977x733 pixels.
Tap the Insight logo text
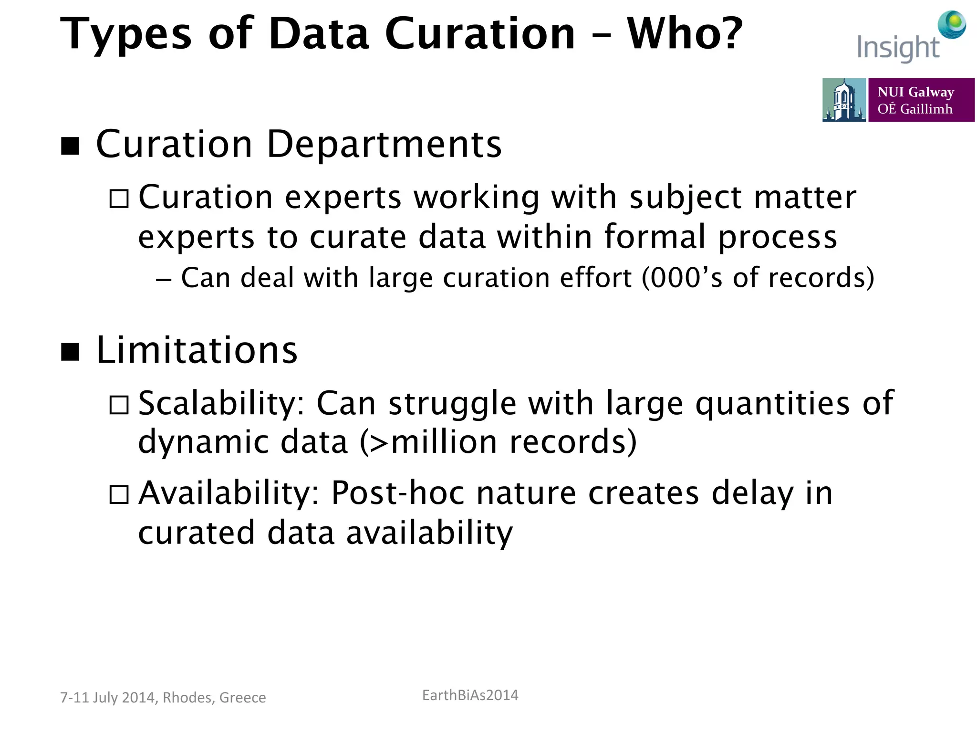pyautogui.click(x=898, y=48)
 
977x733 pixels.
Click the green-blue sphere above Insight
pyautogui.click(x=952, y=24)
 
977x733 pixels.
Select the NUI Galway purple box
pyautogui.click(x=921, y=100)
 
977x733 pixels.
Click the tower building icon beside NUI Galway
pyautogui.click(x=844, y=100)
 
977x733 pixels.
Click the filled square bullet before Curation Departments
pyautogui.click(x=70, y=146)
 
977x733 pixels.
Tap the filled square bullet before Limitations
pyautogui.click(x=70, y=352)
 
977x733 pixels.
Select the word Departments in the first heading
pyautogui.click(x=384, y=144)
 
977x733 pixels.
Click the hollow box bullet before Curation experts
pyautogui.click(x=119, y=199)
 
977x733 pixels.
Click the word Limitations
pyautogui.click(x=197, y=350)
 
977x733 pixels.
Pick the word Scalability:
pyautogui.click(x=221, y=404)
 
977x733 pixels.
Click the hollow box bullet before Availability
pyautogui.click(x=119, y=495)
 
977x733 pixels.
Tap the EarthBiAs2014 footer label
pyautogui.click(x=470, y=695)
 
